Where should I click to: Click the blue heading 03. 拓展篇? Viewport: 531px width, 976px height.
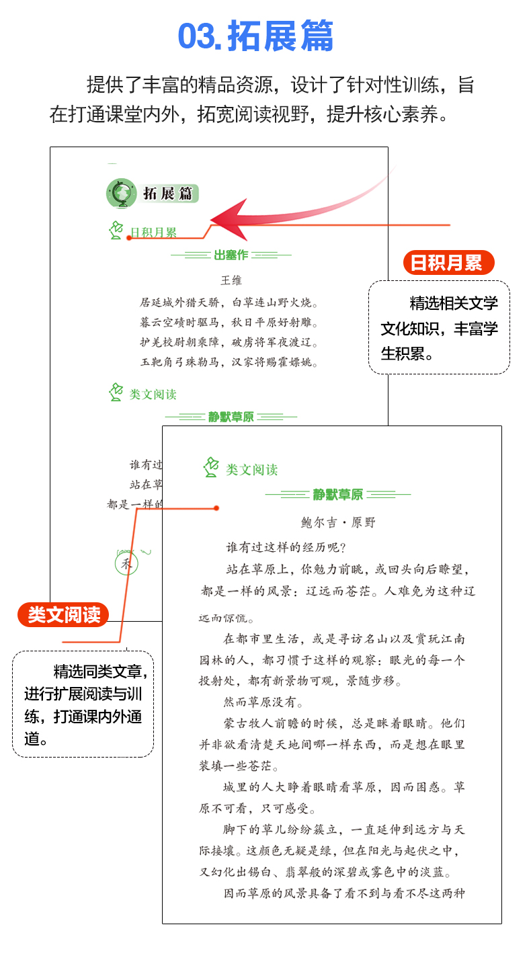click(x=256, y=37)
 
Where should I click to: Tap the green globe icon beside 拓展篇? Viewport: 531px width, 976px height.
click(x=121, y=193)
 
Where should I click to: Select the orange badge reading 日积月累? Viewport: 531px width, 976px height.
click(x=447, y=262)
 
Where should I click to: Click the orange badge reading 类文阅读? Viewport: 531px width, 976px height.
click(x=63, y=614)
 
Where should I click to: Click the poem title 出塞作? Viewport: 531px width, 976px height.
click(x=231, y=255)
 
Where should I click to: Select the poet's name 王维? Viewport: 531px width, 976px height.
click(x=231, y=280)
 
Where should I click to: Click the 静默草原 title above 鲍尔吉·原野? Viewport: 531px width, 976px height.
click(x=337, y=495)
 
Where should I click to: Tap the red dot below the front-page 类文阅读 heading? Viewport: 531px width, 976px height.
click(x=216, y=508)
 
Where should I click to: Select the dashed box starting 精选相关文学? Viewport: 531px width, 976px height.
click(x=439, y=327)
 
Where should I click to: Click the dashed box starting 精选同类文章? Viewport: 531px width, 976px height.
click(x=83, y=704)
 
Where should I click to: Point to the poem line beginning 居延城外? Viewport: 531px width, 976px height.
click(x=229, y=302)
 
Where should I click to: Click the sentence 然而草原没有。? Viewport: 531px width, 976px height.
click(x=263, y=703)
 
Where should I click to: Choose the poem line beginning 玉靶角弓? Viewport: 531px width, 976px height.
click(x=229, y=362)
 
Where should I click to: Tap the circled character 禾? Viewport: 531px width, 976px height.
click(x=126, y=563)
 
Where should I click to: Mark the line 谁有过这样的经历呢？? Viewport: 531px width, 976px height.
click(x=286, y=547)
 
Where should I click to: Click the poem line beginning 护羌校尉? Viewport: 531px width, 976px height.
click(x=229, y=342)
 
